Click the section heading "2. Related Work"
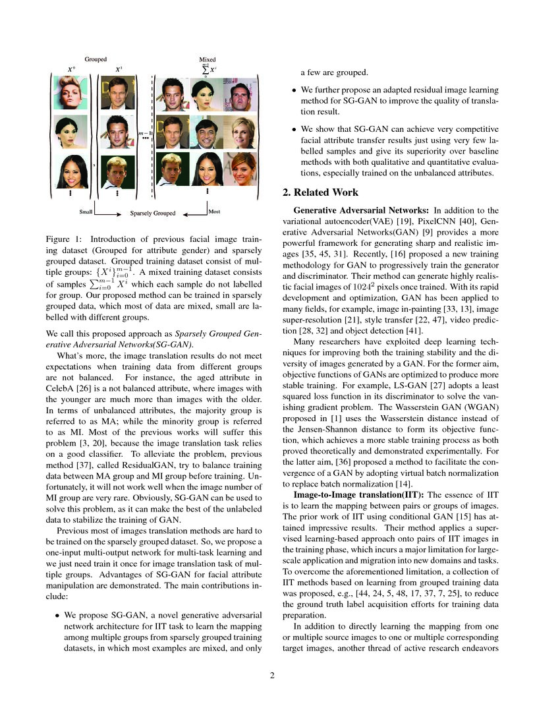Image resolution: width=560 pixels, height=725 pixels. (321, 192)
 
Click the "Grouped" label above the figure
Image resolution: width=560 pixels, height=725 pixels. (96, 59)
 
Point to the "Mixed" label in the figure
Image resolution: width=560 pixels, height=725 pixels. (207, 59)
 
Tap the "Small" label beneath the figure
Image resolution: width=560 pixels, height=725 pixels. (86, 212)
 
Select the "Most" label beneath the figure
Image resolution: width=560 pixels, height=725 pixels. (214, 212)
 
